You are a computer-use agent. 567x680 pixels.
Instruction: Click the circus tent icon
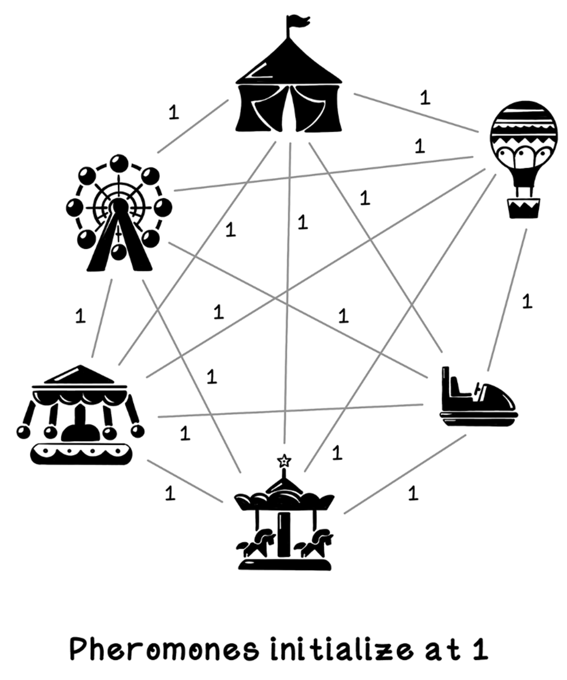289,73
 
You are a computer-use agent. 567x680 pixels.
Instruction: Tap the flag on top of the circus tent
298,21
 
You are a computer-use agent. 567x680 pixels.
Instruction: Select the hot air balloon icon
523,160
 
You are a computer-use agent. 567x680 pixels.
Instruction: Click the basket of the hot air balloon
524,208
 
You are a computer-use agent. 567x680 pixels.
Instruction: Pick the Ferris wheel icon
119,213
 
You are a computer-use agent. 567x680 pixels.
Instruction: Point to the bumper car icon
478,396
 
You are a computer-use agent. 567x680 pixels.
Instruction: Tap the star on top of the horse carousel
284,461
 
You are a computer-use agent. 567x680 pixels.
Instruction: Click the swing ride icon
81,414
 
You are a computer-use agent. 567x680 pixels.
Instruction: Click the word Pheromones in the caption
165,648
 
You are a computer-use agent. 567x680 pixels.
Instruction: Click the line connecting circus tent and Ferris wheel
193,126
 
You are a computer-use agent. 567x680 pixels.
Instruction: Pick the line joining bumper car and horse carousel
405,474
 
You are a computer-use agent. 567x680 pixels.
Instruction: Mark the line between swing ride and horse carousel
185,481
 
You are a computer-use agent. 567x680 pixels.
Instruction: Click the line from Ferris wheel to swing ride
102,318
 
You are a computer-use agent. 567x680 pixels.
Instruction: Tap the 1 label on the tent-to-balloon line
425,97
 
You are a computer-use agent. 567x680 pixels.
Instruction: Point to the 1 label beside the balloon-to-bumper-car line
527,301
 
